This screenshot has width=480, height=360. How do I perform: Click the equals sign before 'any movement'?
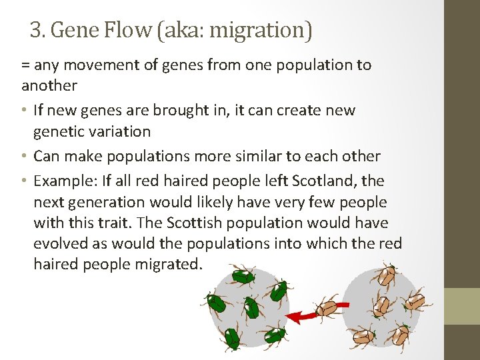click(25, 65)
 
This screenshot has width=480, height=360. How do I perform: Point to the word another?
click(49, 85)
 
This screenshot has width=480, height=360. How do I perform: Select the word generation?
click(110, 202)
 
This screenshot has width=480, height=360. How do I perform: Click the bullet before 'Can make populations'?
click(25, 156)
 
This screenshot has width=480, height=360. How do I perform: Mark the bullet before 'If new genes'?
click(25, 110)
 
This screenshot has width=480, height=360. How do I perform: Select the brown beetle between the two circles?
click(327, 309)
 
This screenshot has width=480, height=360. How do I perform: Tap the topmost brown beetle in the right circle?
click(388, 273)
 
